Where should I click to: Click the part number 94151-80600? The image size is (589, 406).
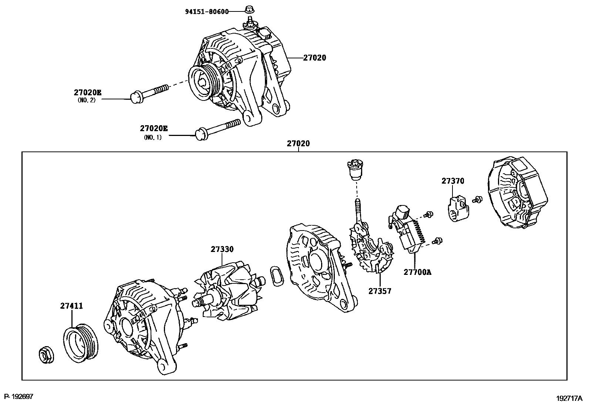coord(206,11)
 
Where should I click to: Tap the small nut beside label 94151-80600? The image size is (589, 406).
coord(249,8)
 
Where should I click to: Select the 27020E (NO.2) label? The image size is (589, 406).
coord(87,92)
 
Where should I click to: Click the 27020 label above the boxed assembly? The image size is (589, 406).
coord(298,144)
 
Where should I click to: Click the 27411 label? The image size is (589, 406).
coord(71,306)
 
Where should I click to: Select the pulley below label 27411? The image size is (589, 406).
coord(80,344)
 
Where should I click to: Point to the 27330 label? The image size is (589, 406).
coord(222,249)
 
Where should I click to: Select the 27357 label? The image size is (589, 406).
coord(380,291)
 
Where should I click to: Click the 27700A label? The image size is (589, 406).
coord(417,272)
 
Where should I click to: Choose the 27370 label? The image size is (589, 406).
coord(452,181)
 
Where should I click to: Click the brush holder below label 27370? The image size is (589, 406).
coord(458,209)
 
